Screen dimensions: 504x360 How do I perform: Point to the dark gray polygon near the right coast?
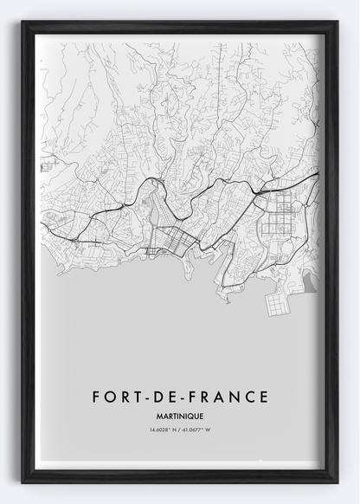click(311, 279)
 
